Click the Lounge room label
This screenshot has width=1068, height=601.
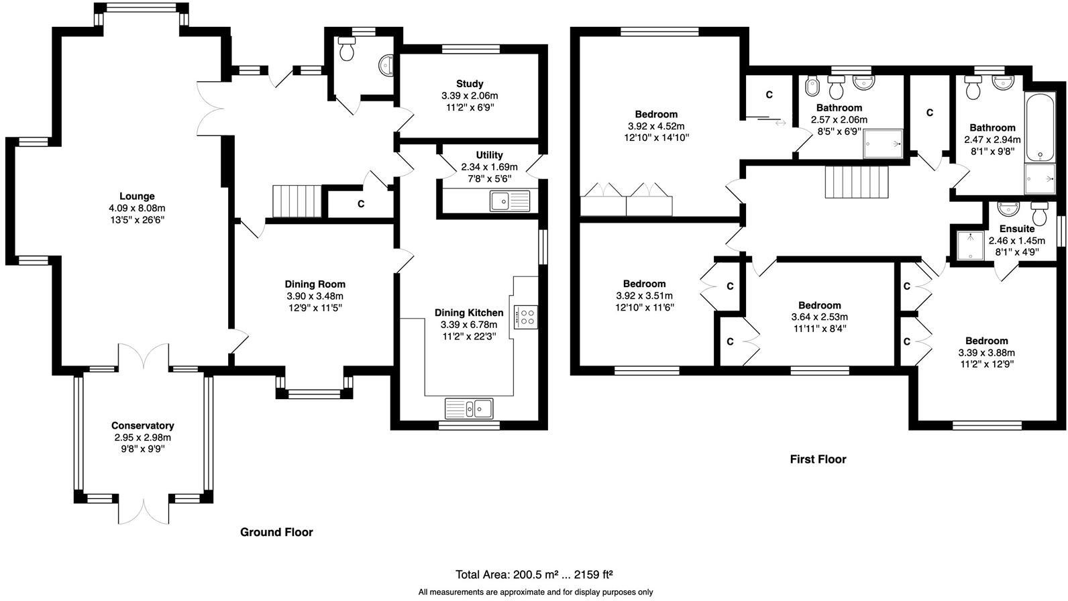point(137,197)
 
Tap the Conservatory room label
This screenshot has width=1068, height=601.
point(142,425)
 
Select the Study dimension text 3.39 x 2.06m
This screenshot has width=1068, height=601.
point(470,96)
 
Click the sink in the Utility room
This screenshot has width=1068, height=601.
point(509,201)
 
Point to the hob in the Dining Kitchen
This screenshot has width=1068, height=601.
point(527,316)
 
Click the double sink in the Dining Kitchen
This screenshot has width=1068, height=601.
point(469,408)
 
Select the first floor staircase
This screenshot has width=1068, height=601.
point(856,182)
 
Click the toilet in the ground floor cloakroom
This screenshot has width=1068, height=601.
point(347,49)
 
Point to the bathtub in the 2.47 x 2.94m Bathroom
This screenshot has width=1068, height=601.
point(1038,127)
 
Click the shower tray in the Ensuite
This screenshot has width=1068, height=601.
point(969,245)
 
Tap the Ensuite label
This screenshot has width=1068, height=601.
point(1017,229)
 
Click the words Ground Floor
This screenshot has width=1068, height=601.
point(276,532)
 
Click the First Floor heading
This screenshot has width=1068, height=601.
point(818,459)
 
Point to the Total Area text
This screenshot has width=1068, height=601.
point(534,575)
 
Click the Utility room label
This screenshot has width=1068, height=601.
point(489,155)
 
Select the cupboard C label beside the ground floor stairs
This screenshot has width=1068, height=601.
point(360,204)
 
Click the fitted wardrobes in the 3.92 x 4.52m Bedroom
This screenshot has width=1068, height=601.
point(626,199)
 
